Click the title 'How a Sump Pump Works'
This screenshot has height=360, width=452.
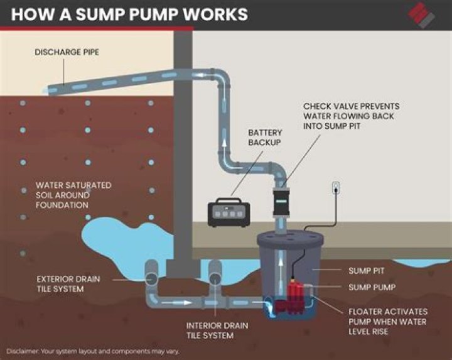pyautogui.click(x=129, y=14)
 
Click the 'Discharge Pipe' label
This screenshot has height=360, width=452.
pyautogui.click(x=66, y=52)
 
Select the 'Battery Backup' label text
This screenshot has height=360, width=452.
pyautogui.click(x=264, y=138)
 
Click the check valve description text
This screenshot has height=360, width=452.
pyautogui.click(x=351, y=116)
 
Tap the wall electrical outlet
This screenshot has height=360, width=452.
pyautogui.click(x=336, y=187)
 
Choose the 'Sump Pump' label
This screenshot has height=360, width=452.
pyautogui.click(x=370, y=287)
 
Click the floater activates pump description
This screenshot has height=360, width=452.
pyautogui.click(x=387, y=320)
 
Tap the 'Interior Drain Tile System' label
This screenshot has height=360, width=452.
pyautogui.click(x=217, y=330)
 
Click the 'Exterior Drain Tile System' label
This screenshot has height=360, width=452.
pyautogui.click(x=67, y=283)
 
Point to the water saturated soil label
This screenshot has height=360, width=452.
pyautogui.click(x=73, y=195)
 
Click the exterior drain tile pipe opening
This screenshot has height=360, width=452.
pyautogui.click(x=152, y=277)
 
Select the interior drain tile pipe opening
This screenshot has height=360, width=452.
pyautogui.click(x=214, y=277)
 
